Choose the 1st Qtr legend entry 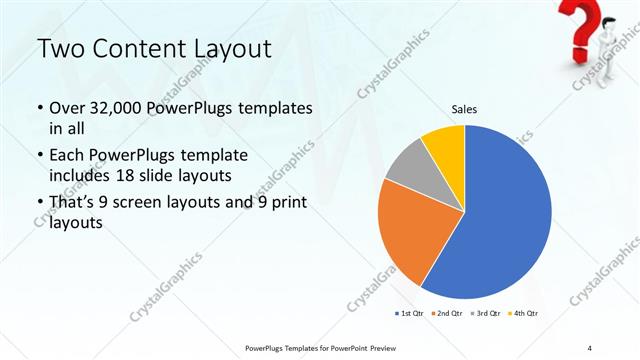pos(408,314)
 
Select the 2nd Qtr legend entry pos(447,314)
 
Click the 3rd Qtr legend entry pos(486,314)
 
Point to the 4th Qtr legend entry pos(523,314)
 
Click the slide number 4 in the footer pos(590,347)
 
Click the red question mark pos(581,25)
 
